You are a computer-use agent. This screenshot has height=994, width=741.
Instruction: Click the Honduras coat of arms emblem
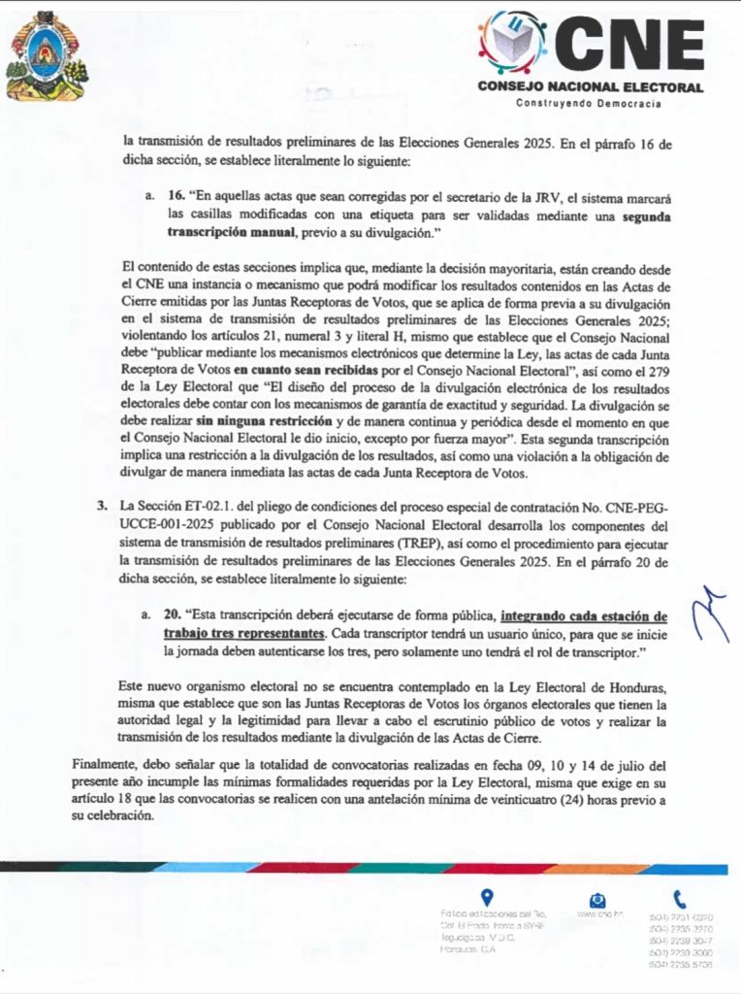pyautogui.click(x=46, y=55)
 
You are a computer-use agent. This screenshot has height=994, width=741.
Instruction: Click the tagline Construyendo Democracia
pyautogui.click(x=589, y=104)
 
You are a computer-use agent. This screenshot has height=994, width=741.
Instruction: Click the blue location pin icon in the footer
pyautogui.click(x=486, y=897)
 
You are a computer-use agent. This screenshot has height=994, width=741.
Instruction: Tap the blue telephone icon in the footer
pyautogui.click(x=679, y=899)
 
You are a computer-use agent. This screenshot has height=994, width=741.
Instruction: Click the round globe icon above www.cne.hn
pyautogui.click(x=598, y=899)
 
